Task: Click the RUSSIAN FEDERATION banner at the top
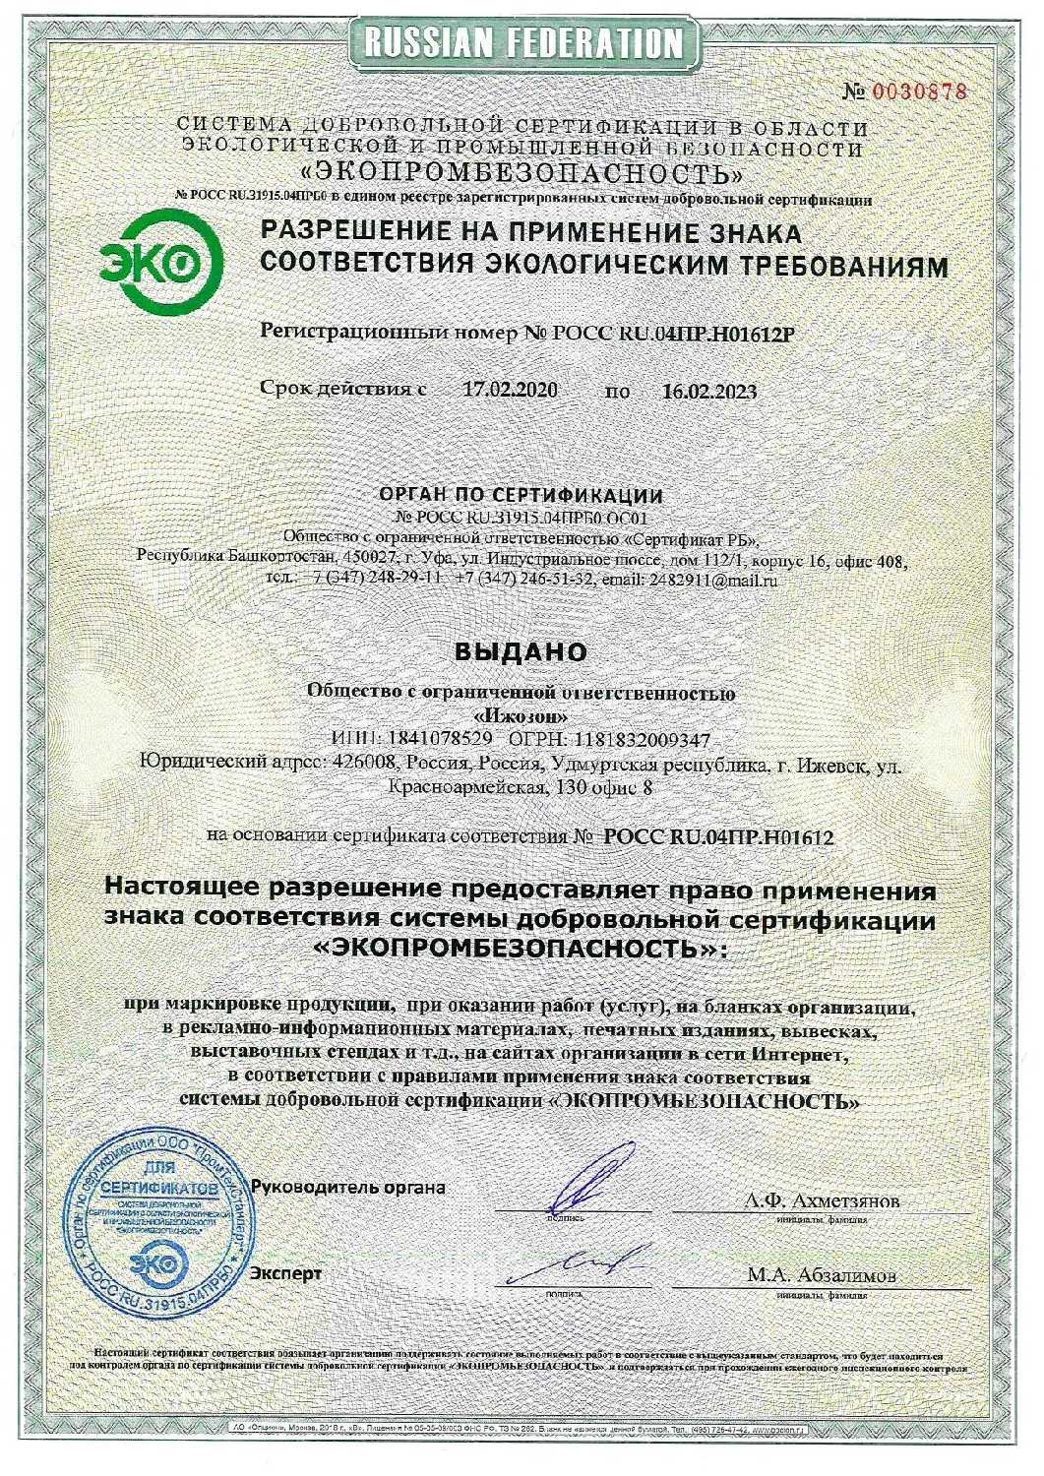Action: tap(522, 41)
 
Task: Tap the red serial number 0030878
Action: tap(920, 92)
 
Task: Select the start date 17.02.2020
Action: tap(511, 389)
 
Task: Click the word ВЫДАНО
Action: tap(521, 651)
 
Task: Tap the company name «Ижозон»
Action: tap(521, 715)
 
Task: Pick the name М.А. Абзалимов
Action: tap(822, 1276)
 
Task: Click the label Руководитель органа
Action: tap(348, 1186)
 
